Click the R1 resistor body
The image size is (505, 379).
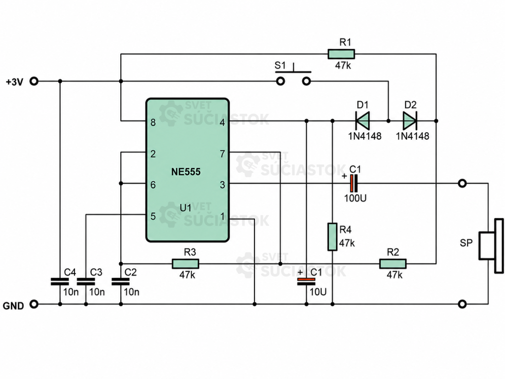click(x=341, y=54)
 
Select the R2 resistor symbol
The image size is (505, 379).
click(x=393, y=264)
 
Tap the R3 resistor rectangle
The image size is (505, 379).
click(x=185, y=264)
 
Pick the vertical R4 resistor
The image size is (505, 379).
click(x=332, y=237)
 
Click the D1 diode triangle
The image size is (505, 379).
click(x=362, y=121)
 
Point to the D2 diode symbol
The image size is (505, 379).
click(x=410, y=121)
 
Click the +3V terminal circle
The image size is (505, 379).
click(x=34, y=81)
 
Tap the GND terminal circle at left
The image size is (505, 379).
click(x=34, y=304)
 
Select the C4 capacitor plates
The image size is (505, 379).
click(x=60, y=281)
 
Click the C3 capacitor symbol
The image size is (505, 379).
click(x=86, y=281)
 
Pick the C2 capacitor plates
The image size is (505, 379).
click(x=121, y=281)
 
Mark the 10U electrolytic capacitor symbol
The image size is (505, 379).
click(x=306, y=282)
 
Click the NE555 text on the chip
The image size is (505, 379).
click(x=186, y=172)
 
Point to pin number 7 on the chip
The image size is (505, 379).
click(x=222, y=154)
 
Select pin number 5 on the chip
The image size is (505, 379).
click(x=153, y=216)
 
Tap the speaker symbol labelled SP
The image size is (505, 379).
click(x=491, y=246)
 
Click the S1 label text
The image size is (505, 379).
click(x=280, y=66)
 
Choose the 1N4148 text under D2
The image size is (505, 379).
click(x=413, y=136)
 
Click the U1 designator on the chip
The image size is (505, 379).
click(x=185, y=208)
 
